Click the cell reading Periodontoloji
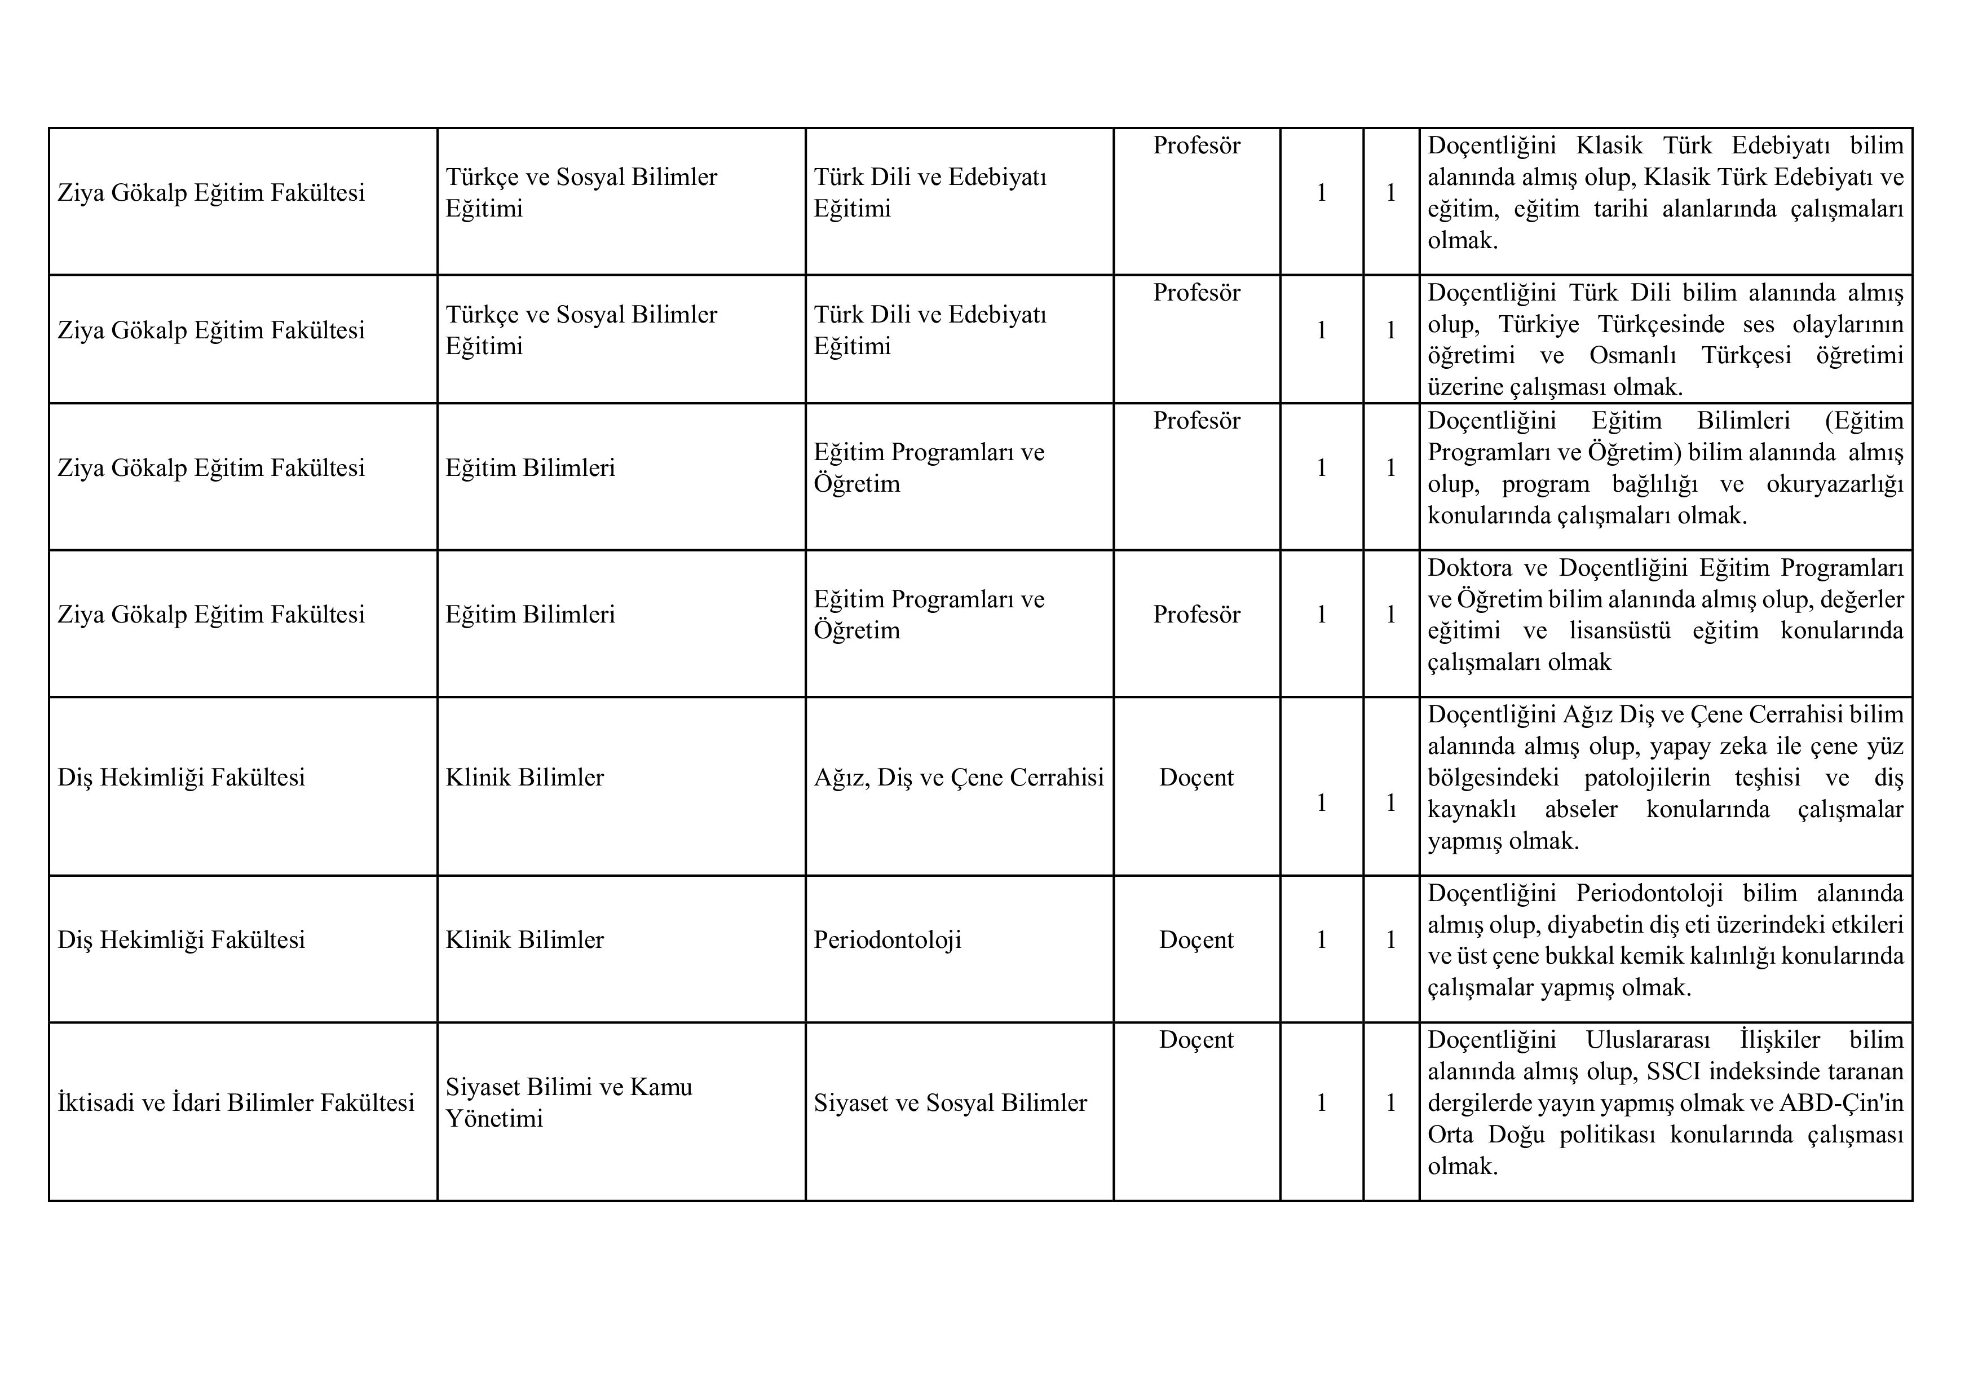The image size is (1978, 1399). [x=888, y=940]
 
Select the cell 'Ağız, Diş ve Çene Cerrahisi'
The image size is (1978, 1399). [x=958, y=778]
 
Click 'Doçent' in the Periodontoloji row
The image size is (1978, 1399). [x=1196, y=940]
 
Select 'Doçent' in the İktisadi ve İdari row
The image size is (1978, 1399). [x=1196, y=1040]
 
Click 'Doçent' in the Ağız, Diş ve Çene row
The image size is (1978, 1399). [x=1196, y=778]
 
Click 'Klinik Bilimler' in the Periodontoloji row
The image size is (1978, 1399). [x=524, y=940]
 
